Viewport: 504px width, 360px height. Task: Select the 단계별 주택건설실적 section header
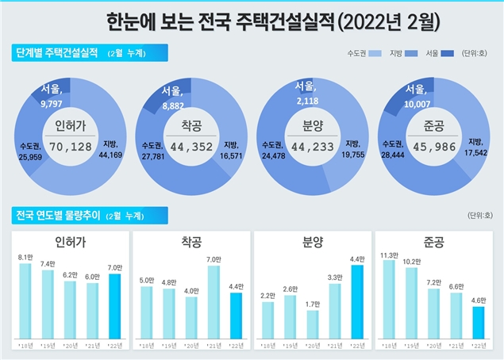(x=60, y=53)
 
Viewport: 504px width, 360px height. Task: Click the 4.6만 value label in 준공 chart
(x=477, y=300)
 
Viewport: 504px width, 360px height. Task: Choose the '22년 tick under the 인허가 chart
(x=115, y=347)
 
